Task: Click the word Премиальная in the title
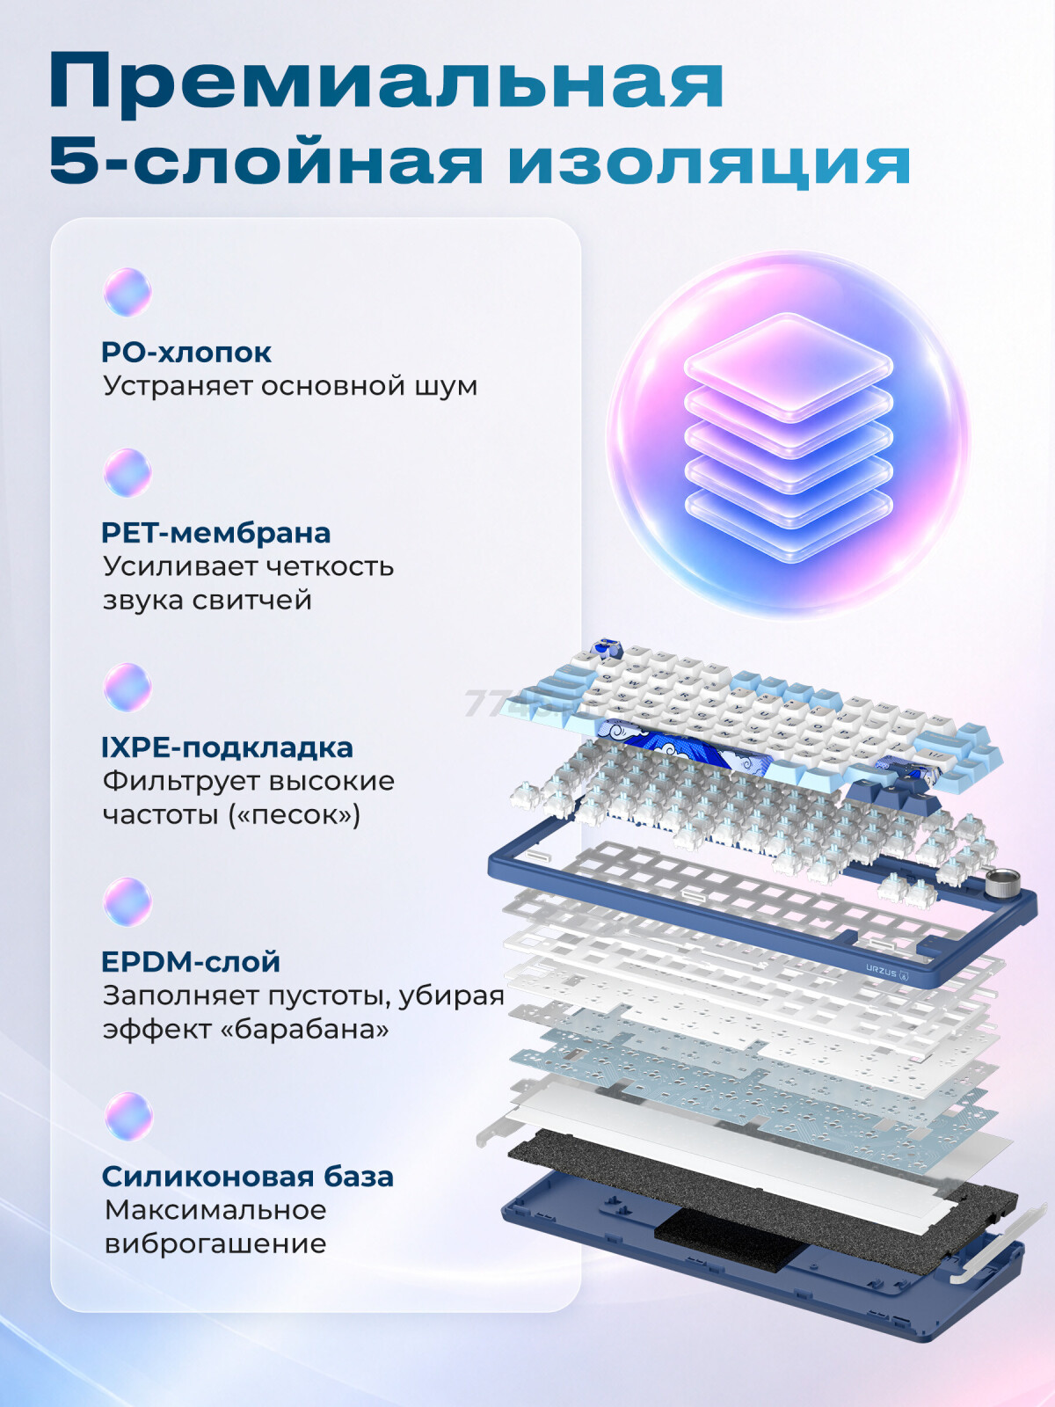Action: (386, 84)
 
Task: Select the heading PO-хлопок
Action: (186, 353)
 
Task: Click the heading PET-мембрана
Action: (216, 533)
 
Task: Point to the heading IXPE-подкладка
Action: (228, 748)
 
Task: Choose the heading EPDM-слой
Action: (191, 962)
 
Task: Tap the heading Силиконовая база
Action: (248, 1177)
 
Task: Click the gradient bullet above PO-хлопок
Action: (127, 292)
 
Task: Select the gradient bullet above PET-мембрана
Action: (127, 473)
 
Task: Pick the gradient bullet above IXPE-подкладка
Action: (127, 688)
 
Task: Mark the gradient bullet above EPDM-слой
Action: (127, 902)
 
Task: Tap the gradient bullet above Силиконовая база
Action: (127, 1117)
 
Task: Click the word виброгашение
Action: (215, 1245)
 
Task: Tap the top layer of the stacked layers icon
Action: (788, 367)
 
